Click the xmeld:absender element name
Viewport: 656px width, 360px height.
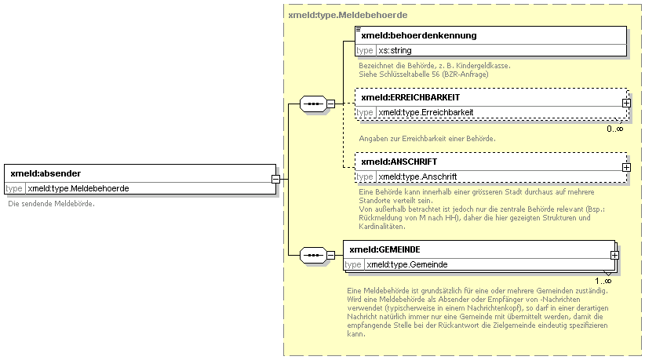(46, 173)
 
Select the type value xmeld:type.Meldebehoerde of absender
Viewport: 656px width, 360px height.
(78, 188)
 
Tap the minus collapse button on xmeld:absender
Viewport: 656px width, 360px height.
(275, 179)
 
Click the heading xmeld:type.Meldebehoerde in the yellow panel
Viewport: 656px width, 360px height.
(348, 15)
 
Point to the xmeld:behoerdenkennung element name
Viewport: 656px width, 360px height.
(419, 35)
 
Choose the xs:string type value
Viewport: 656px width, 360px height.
(395, 51)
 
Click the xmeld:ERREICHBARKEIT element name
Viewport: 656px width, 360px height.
(410, 97)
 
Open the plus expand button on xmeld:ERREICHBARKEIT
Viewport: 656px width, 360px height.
(626, 103)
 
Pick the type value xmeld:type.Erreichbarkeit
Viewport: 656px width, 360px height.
(426, 112)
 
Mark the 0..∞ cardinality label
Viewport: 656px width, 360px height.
(615, 129)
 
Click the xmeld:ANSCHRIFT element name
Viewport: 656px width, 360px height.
(399, 162)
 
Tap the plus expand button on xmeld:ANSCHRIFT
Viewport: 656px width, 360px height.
(626, 167)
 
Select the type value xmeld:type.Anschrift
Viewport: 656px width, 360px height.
(417, 177)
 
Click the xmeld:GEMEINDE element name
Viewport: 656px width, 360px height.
(384, 249)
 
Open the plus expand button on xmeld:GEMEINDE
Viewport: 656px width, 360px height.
(614, 255)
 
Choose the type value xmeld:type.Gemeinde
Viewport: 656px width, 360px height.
(407, 264)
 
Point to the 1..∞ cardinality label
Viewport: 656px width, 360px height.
(603, 281)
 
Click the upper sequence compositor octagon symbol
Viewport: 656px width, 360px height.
(313, 104)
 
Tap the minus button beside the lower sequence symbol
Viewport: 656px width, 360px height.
(330, 255)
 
